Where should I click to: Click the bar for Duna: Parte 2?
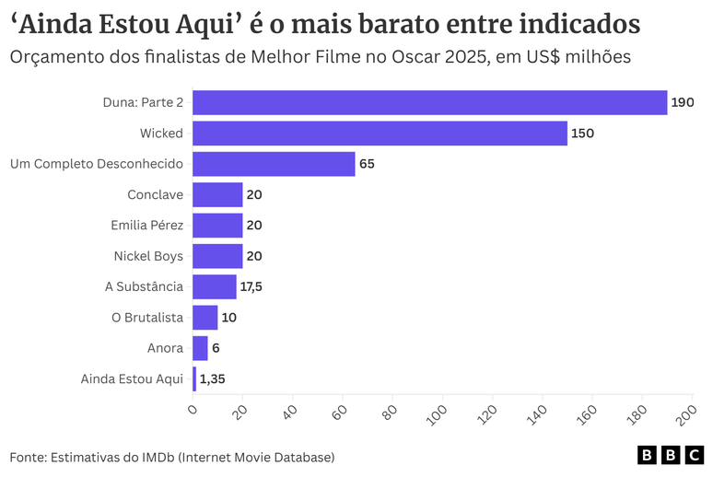coord(429,102)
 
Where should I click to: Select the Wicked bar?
coord(380,134)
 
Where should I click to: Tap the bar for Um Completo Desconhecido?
coord(274,164)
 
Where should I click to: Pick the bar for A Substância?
coord(215,286)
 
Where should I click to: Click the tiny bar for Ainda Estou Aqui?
coord(194,378)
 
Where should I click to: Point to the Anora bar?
coord(200,348)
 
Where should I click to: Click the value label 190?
coord(683,102)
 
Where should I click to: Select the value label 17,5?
coord(251,286)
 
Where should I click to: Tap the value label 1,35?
coord(214,378)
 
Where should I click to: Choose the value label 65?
coord(367,164)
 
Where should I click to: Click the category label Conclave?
coord(155,194)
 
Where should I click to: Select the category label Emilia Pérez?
coord(147,226)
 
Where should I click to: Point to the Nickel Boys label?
coord(148,256)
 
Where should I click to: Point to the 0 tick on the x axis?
coord(193,408)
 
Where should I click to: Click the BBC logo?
coord(670,456)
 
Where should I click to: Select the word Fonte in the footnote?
coord(27,457)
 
